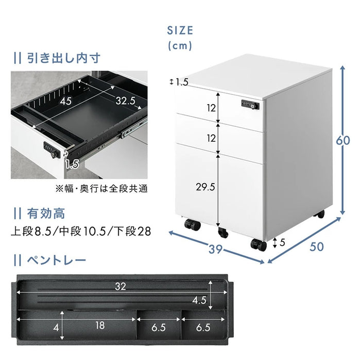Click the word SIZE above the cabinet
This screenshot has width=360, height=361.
coord(180,30)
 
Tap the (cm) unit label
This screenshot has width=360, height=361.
coord(180,46)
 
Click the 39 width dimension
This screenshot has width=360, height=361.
coord(216,249)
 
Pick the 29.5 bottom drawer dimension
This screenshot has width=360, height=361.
coord(205,187)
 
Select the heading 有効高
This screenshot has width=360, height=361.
coord(46,212)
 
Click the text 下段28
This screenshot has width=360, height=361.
coord(133,232)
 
